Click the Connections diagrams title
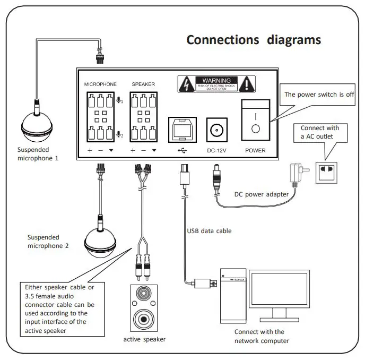click(254, 40)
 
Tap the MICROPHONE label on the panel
click(100, 84)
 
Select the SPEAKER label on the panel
click(143, 84)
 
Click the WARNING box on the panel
click(216, 84)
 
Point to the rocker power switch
click(255, 121)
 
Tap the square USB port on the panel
click(182, 129)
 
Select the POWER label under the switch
click(255, 151)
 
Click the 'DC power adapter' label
click(262, 194)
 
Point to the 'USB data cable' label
click(209, 231)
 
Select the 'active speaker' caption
click(144, 339)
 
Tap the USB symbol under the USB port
click(182, 150)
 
